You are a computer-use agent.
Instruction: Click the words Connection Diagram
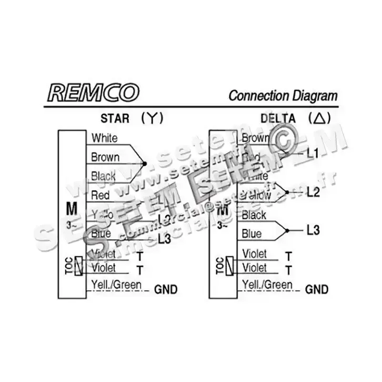pos(283,96)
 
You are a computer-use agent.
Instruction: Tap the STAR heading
pos(114,118)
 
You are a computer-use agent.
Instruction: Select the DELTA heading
pos(278,118)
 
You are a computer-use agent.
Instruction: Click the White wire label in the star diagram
pos(104,138)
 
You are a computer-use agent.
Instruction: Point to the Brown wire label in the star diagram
pos(105,157)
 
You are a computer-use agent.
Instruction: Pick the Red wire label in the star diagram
pos(100,195)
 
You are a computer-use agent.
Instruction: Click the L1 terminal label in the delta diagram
pos(313,154)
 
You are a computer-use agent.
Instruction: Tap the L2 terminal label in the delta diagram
pos(313,192)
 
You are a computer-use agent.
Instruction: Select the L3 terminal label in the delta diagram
pos(313,230)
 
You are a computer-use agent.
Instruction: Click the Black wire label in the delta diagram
pos(254,216)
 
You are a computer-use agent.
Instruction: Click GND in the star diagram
pos(165,289)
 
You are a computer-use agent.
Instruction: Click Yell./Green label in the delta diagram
pos(267,285)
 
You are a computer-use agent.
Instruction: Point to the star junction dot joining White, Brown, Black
pos(144,164)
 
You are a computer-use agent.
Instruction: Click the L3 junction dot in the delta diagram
pos(287,230)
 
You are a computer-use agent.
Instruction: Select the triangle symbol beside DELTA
pos(319,118)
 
